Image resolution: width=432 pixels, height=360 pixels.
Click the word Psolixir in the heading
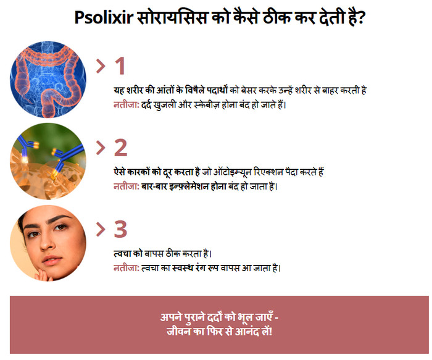[x=104, y=18]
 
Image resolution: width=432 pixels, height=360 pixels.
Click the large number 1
[x=120, y=66]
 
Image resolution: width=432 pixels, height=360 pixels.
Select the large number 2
[x=121, y=148]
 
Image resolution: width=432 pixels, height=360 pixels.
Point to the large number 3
[x=121, y=229]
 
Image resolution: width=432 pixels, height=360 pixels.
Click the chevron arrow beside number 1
[x=101, y=67]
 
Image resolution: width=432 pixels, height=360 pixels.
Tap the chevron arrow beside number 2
[x=101, y=148]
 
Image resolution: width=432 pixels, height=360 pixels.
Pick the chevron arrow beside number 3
[x=101, y=230]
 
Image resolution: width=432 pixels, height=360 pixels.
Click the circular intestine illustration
[x=48, y=80]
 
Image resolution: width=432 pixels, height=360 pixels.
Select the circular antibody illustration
[x=48, y=161]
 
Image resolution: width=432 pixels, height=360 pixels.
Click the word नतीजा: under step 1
[x=127, y=105]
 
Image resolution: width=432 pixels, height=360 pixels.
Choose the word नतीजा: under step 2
[x=127, y=186]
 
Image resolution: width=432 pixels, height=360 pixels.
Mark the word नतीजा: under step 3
[x=127, y=268]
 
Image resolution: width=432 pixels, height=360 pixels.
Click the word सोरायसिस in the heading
[x=172, y=18]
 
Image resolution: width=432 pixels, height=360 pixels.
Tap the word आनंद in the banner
[x=247, y=331]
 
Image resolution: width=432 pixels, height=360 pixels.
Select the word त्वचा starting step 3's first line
[x=122, y=253]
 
